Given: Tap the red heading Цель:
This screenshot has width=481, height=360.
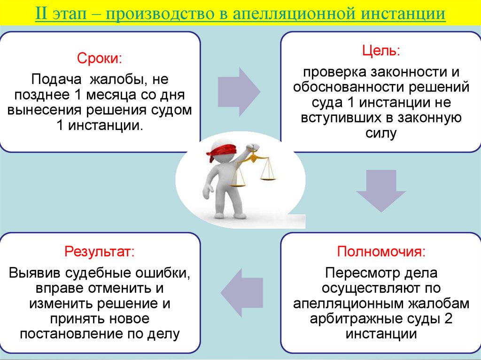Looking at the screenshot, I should (x=380, y=51).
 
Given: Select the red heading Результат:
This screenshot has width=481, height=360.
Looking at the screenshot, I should (x=99, y=251).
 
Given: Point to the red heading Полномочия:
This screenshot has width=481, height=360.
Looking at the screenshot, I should (x=381, y=251).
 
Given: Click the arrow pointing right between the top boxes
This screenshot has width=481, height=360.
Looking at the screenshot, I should (x=240, y=91).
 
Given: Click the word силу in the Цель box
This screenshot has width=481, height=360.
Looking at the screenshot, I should (x=381, y=133).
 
